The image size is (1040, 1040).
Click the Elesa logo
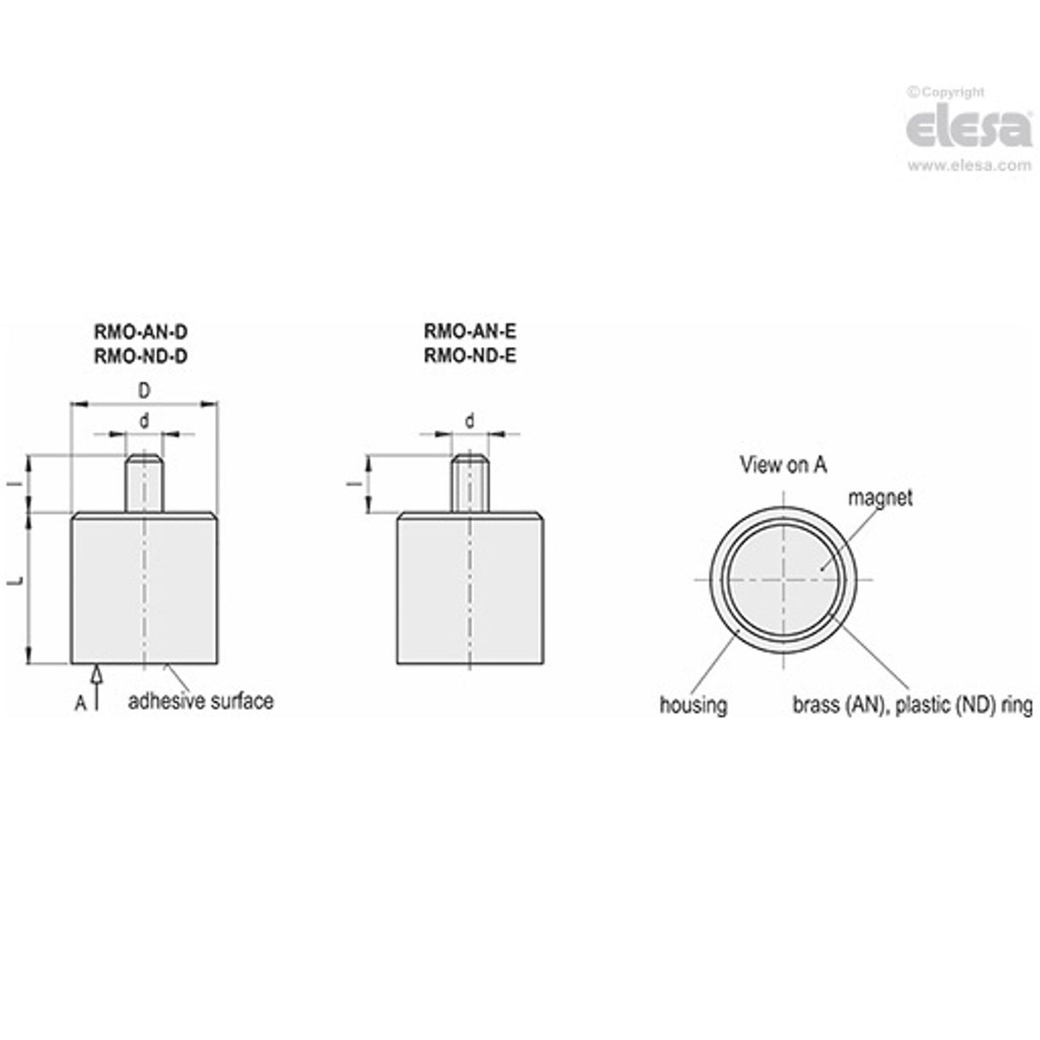[969, 128]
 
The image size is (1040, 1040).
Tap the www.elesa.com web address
[969, 164]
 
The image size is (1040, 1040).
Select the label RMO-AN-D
[140, 332]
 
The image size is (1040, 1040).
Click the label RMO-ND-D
[140, 356]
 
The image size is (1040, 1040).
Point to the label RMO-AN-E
[470, 332]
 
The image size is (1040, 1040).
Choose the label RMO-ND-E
[470, 356]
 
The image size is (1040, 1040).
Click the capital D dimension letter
[144, 391]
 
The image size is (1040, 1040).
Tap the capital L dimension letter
[17, 581]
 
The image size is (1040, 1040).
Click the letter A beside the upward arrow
[81, 703]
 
